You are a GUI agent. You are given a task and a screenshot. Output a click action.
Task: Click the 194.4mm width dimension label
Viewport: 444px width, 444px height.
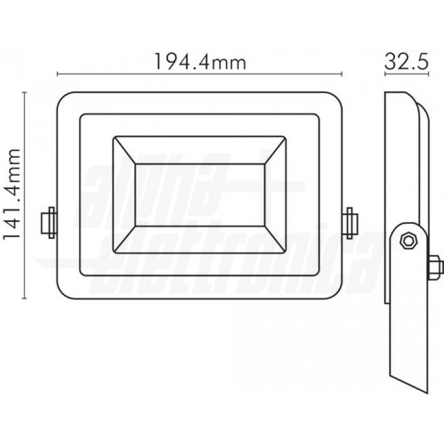click(199, 62)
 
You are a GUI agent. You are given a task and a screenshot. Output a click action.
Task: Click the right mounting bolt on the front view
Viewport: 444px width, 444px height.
click(349, 223)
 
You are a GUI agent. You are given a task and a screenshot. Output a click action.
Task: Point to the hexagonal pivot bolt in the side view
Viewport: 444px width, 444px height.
click(407, 239)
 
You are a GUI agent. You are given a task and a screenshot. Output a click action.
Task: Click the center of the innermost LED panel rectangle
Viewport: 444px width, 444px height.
click(199, 195)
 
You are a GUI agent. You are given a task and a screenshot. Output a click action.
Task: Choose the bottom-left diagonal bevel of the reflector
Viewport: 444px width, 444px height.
click(124, 240)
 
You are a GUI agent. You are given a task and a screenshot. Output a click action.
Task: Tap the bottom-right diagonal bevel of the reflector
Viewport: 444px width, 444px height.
click(274, 240)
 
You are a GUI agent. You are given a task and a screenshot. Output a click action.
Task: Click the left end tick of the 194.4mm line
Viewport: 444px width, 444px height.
click(57, 74)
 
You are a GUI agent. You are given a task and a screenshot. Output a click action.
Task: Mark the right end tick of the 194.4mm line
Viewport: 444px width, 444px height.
click(342, 74)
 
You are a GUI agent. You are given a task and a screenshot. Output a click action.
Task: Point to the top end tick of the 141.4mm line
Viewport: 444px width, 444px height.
click(25, 92)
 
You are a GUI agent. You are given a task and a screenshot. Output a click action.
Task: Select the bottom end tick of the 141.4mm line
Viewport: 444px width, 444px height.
click(25, 298)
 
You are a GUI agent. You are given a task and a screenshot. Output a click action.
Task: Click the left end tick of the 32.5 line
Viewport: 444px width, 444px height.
click(385, 74)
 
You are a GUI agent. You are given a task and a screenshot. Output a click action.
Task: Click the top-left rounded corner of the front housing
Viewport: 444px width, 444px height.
click(62, 98)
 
